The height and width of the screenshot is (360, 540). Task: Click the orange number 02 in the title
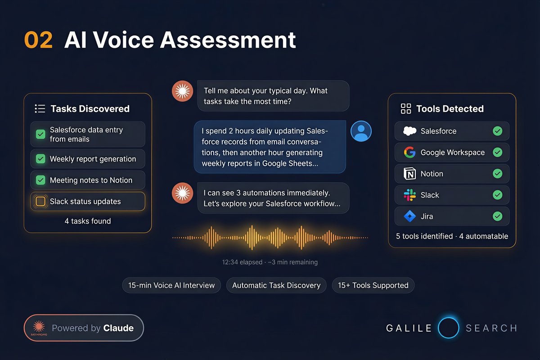pos(38,40)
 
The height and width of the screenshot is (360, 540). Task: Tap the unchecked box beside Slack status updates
pos(40,201)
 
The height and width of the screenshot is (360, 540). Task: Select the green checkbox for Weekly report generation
pos(40,159)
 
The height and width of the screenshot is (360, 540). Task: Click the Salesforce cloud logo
pos(409,131)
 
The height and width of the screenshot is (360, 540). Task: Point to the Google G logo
pos(409,153)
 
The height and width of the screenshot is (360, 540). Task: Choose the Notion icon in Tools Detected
pos(409,174)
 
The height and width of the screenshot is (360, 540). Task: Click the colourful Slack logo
pos(409,195)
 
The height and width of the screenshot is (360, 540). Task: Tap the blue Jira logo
pos(409,216)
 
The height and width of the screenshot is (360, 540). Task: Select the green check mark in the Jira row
pos(497,216)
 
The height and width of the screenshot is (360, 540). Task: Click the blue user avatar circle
pos(361,131)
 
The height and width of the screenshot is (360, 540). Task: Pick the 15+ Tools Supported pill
pos(373,285)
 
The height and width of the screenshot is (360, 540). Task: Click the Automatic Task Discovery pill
pos(276,285)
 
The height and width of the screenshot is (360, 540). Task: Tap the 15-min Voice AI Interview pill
pos(171,285)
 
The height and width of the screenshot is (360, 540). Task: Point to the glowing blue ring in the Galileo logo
pos(448,328)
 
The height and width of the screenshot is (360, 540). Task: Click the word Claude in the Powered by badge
pos(118,328)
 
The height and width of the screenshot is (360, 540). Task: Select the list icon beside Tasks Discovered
pos(40,108)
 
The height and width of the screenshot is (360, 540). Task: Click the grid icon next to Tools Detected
pos(406,108)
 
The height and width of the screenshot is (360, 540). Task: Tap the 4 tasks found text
pos(88,221)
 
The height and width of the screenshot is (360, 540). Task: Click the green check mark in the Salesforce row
pos(497,131)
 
